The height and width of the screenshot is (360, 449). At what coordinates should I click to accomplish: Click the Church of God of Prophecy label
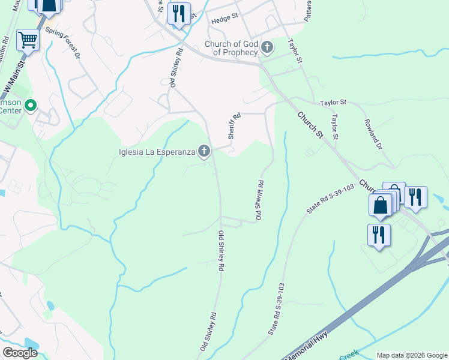pos(231,48)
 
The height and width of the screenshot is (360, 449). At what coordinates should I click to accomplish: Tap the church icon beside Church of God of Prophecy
pos(267,47)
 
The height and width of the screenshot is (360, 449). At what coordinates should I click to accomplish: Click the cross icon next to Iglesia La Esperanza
pos(204,151)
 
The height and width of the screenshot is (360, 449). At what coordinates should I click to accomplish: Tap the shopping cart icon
pos(28,40)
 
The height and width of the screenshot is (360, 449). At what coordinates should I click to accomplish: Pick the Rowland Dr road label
pos(376,132)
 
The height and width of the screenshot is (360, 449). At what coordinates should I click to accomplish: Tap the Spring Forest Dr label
pos(64,44)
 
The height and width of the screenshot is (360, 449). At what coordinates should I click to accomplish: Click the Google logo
pos(20,353)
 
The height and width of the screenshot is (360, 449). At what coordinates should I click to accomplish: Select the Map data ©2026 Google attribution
pos(412,355)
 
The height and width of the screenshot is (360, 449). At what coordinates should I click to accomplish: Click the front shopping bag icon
pos(381,205)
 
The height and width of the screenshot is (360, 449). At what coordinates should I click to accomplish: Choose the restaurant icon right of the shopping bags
pos(415,197)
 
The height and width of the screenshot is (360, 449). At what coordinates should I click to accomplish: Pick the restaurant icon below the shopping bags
pos(379,235)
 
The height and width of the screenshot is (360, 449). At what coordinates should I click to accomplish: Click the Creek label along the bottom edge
pos(349,356)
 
